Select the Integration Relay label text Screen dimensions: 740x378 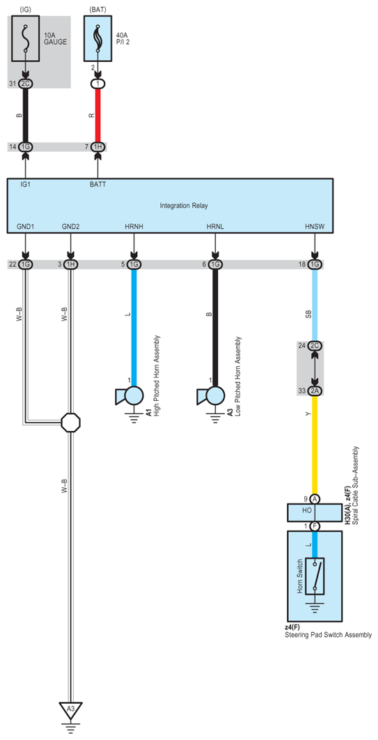tap(184, 205)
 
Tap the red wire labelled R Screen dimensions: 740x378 tap(97, 115)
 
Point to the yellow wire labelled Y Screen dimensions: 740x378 tap(315, 446)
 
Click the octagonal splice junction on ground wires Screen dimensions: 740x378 tap(70, 422)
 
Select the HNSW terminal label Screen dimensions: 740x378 tap(315, 227)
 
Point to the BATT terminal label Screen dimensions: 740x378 tap(97, 184)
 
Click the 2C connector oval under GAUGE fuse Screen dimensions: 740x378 tap(26, 84)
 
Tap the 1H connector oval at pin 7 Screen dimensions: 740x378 tap(97, 147)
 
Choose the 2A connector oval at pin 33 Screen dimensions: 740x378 tap(315, 391)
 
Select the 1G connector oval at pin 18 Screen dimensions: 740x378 tap(315, 265)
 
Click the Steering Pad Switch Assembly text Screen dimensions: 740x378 tap(327, 635)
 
